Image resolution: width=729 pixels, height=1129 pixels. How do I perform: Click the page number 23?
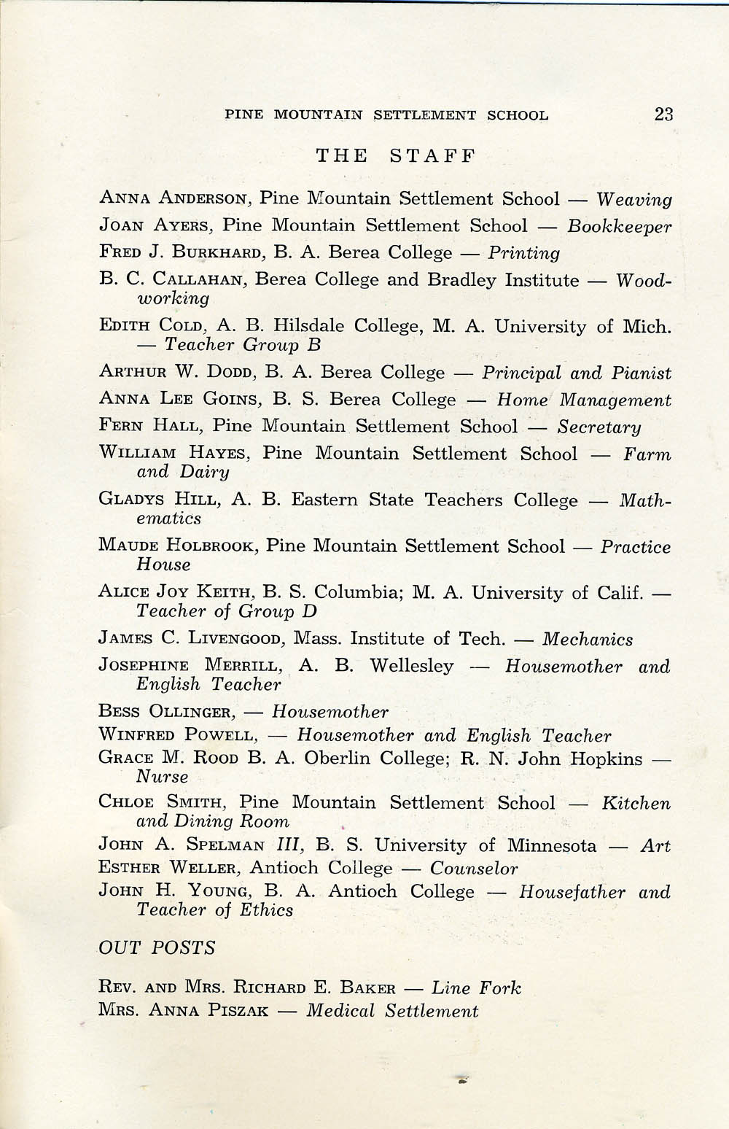click(663, 114)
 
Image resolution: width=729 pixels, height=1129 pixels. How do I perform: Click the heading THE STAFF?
click(396, 155)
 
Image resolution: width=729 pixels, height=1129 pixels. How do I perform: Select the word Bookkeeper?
click(620, 227)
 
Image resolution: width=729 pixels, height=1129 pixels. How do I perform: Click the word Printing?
click(523, 254)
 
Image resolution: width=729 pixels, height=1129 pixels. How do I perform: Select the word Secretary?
click(599, 427)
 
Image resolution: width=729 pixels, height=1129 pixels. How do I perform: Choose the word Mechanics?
click(588, 640)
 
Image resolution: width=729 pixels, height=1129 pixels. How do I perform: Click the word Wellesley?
click(411, 666)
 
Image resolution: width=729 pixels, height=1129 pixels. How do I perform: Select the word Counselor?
click(474, 869)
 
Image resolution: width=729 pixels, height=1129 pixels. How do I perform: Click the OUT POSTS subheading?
click(157, 948)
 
